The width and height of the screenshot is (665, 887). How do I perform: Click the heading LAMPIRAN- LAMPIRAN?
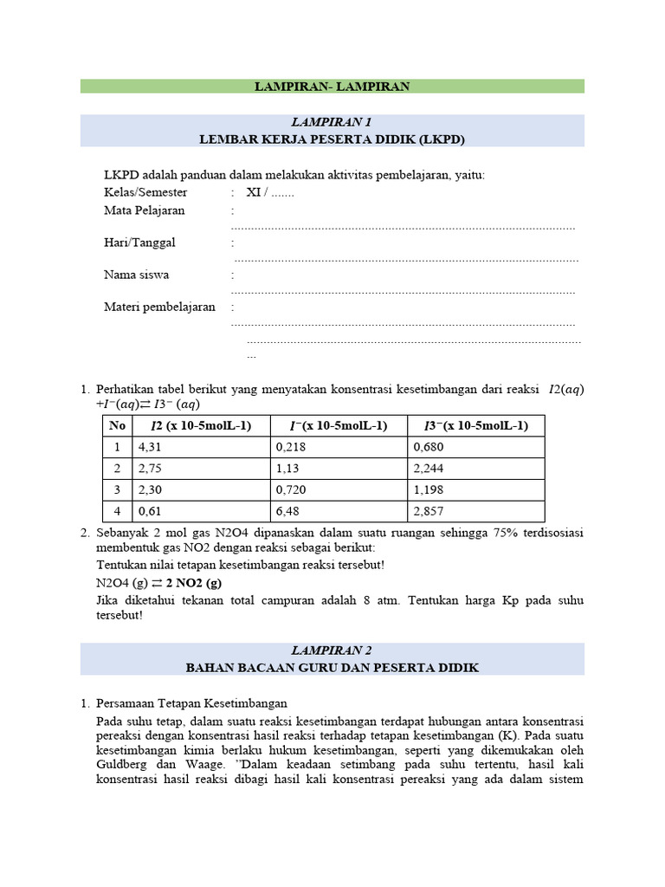(x=332, y=86)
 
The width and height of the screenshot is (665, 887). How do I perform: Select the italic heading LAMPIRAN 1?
(x=332, y=122)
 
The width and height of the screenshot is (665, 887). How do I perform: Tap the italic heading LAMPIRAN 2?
(x=332, y=651)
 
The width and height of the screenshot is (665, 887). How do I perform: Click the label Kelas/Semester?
(x=145, y=192)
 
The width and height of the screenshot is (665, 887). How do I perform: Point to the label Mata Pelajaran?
(x=145, y=210)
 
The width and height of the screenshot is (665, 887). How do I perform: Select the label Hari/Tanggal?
(x=139, y=243)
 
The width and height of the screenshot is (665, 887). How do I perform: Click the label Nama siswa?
(x=137, y=275)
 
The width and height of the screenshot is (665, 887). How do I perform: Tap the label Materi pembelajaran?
(x=159, y=307)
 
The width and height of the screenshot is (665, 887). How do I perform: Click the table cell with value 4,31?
(x=151, y=447)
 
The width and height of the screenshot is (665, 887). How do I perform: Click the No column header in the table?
(x=117, y=425)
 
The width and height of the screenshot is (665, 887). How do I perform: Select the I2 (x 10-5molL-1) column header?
(x=201, y=425)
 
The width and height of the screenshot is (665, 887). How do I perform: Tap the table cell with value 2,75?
(x=151, y=469)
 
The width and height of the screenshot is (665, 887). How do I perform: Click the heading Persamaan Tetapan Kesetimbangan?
(x=191, y=702)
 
